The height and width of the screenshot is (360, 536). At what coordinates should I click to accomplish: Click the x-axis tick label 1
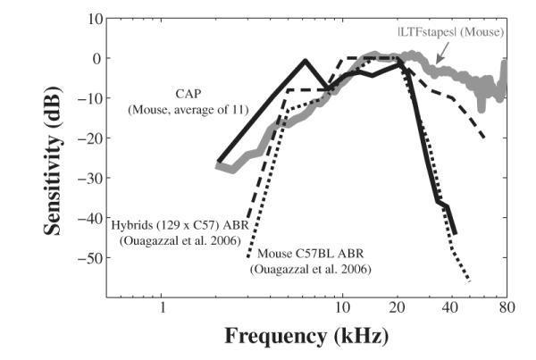pyautogui.click(x=163, y=309)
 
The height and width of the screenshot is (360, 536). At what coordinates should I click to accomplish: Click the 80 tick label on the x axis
pyautogui.click(x=506, y=309)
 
